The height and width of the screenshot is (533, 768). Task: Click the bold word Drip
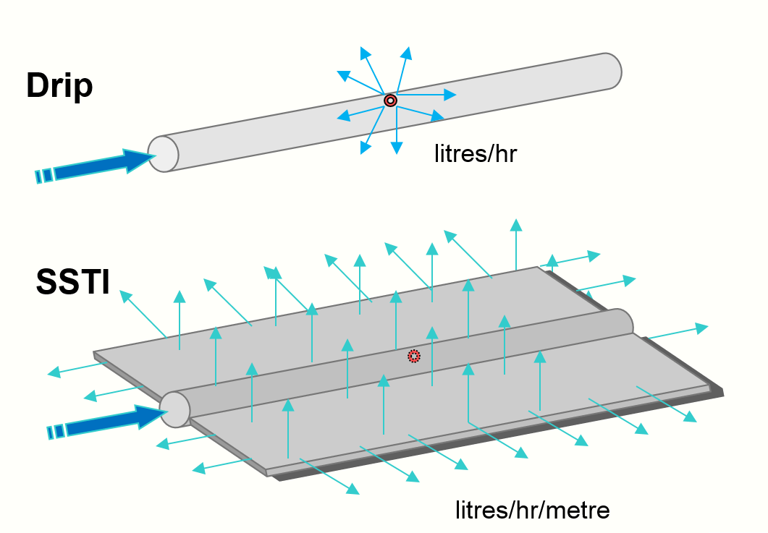click(x=59, y=86)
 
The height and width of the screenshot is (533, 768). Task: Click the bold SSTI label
click(x=72, y=282)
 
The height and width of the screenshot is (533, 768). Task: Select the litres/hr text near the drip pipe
click(x=475, y=153)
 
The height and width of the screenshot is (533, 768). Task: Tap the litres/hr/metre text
click(x=532, y=510)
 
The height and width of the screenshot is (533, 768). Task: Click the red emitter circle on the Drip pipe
click(x=390, y=100)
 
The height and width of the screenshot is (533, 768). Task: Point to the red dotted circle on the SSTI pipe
click(x=413, y=356)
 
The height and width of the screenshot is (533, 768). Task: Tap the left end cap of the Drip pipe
click(x=164, y=153)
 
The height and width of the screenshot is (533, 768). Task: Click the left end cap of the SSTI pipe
click(x=175, y=409)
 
